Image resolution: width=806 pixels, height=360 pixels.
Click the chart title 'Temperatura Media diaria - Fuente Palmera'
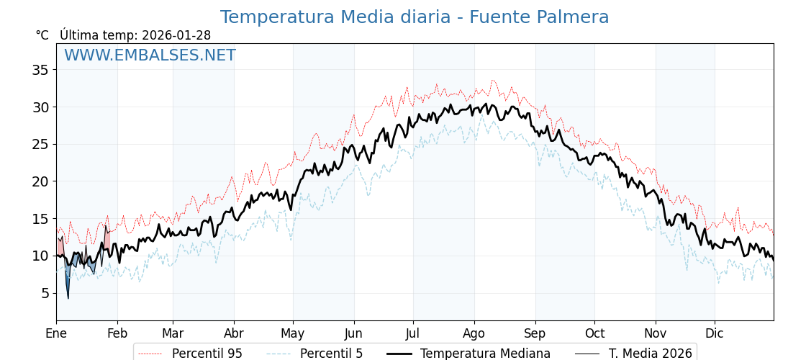tap(414, 17)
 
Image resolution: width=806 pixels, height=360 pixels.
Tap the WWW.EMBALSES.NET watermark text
tap(150, 55)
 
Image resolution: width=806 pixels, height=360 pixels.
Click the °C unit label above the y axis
tap(42, 35)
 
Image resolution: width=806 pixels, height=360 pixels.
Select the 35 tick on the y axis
tap(40, 70)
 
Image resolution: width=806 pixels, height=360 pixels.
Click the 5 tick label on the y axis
tap(45, 293)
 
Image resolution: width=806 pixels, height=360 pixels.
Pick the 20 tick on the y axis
tap(40, 181)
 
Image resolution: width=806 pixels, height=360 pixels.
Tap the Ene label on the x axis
tap(56, 333)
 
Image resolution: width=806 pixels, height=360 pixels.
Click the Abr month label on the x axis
tap(234, 333)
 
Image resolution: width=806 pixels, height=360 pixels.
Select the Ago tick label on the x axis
tap(474, 333)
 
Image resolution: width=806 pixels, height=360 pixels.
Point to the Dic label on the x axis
tap(715, 333)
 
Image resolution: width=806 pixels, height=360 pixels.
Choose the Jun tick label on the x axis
tap(354, 333)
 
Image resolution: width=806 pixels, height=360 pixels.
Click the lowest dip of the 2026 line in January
tap(68, 297)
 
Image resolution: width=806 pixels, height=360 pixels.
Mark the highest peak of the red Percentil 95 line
tap(492, 81)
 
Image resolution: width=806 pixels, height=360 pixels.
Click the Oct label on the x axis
tap(594, 333)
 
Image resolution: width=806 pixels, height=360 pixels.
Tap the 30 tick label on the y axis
tap(40, 107)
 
